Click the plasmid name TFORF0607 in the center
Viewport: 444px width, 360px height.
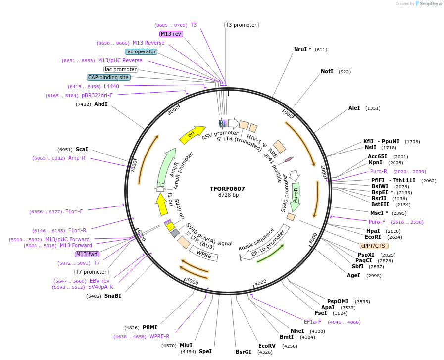point(227,189)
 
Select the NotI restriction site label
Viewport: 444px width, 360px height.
point(327,72)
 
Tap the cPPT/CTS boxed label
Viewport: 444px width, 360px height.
point(374,246)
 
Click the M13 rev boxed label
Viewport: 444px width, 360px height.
point(171,34)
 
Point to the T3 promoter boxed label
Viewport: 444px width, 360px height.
point(241,25)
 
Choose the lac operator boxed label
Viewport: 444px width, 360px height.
point(141,51)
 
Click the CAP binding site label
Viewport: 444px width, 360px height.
point(108,77)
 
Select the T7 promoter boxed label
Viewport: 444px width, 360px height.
point(92,272)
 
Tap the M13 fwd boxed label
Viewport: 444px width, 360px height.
point(87,254)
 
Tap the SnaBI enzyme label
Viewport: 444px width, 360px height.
point(112,296)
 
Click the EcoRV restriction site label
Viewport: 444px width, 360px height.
point(267,346)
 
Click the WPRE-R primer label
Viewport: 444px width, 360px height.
point(159,337)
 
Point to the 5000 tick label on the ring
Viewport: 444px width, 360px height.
point(192,282)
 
